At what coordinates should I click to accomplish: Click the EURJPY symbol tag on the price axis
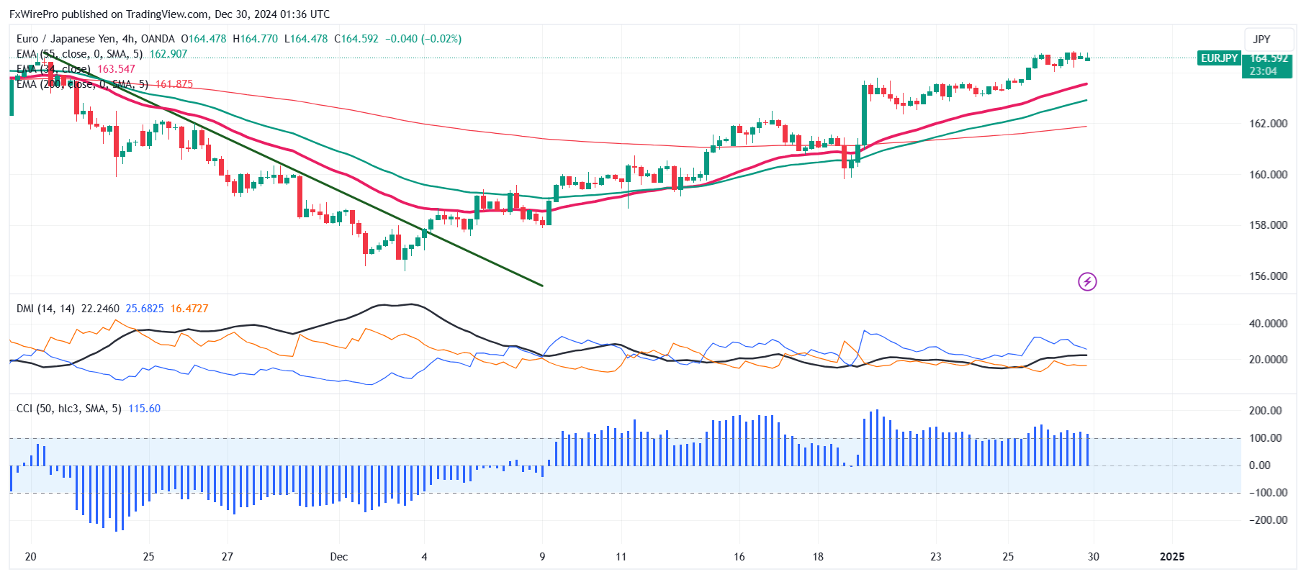pos(1219,58)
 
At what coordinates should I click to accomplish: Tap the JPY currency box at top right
pos(1261,40)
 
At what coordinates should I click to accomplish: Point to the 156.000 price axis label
pos(1268,276)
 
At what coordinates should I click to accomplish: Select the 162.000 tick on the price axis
pos(1268,124)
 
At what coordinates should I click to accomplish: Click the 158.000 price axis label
pos(1268,225)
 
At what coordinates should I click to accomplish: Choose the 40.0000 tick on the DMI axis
pos(1268,324)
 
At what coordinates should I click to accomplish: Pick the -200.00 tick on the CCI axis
pos(1268,520)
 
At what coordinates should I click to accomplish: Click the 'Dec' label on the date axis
pos(338,557)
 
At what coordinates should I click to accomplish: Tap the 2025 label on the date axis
pos(1172,557)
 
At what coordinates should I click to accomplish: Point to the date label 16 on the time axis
pos(739,557)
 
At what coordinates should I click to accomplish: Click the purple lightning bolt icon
pos(1087,281)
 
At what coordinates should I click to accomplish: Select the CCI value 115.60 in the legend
pos(144,409)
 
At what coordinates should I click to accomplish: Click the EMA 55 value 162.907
pos(168,54)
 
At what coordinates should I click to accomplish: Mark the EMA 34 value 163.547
pos(116,69)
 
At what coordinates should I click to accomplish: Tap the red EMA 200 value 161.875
pos(174,84)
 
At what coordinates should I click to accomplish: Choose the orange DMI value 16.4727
pos(189,309)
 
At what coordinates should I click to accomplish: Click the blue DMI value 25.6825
pos(145,309)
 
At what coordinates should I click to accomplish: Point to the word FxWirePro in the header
pos(34,14)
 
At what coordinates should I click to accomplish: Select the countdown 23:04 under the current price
pos(1263,71)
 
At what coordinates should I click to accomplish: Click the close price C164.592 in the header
pos(356,39)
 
